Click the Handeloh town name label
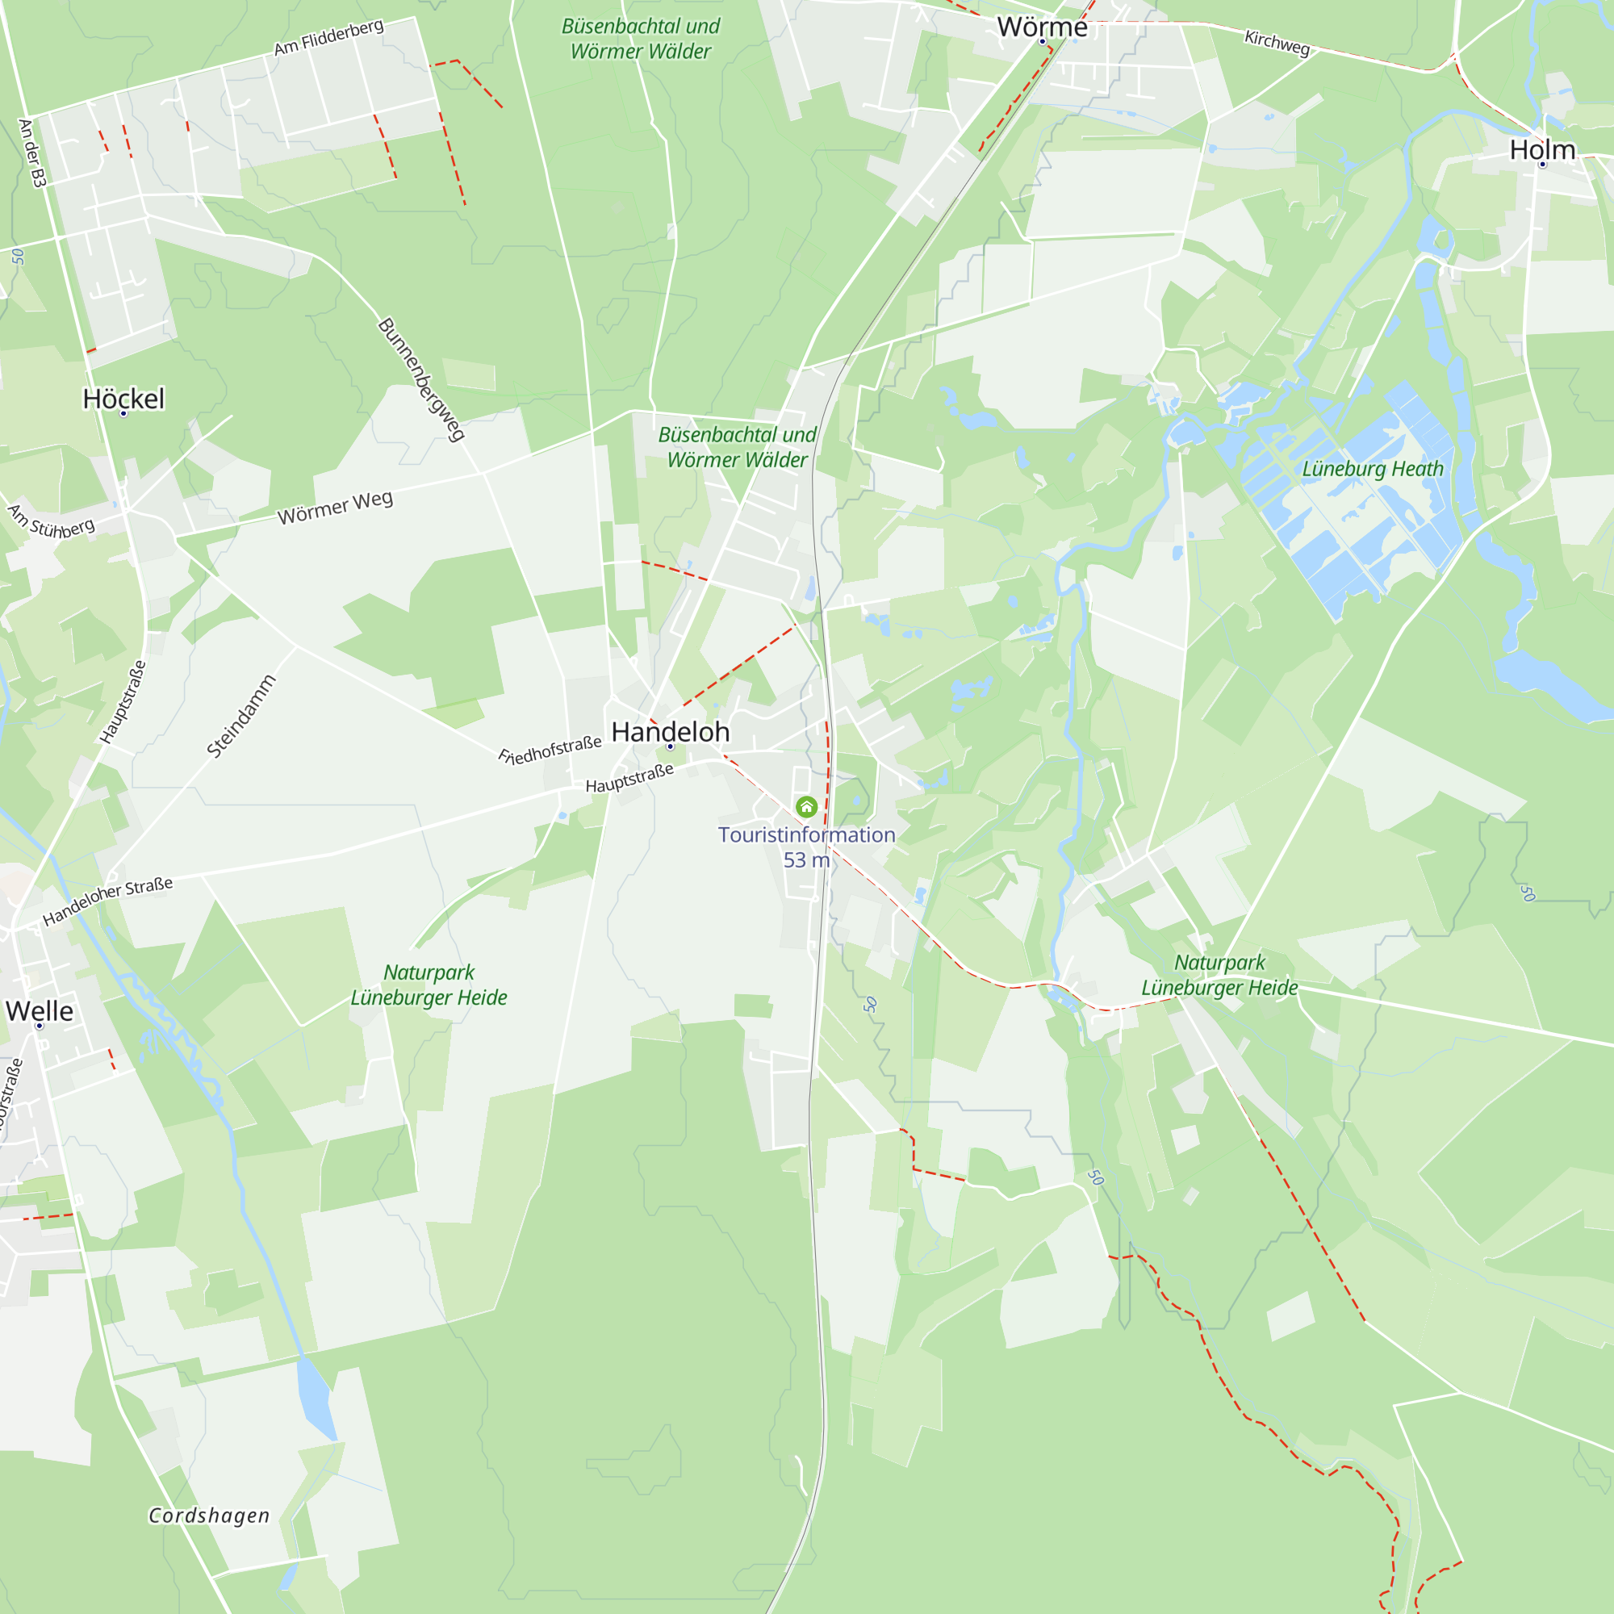tap(670, 732)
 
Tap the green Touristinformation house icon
tap(806, 806)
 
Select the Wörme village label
tap(1042, 27)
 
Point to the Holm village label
tap(1542, 149)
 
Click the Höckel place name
tap(123, 399)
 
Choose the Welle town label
tap(40, 1011)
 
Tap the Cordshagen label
tap(209, 1516)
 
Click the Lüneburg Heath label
tap(1373, 469)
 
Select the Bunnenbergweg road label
tap(422, 379)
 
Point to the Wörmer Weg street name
tap(335, 508)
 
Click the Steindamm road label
tap(241, 716)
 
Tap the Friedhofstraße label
tap(550, 751)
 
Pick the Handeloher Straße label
tap(108, 901)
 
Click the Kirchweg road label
tap(1277, 42)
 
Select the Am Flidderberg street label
tap(329, 38)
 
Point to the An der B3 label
tap(31, 153)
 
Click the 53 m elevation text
tap(806, 859)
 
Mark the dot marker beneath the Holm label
tap(1543, 165)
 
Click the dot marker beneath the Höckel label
tap(123, 413)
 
